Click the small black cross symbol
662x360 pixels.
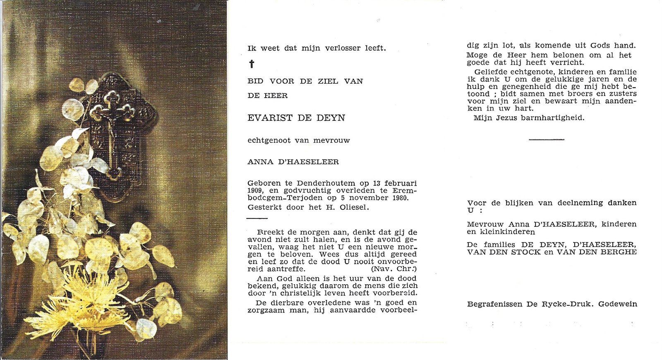[x=251, y=64]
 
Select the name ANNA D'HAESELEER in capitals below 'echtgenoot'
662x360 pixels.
[x=293, y=162]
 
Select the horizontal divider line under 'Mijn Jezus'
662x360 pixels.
[x=547, y=139]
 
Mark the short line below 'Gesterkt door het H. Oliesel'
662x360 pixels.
[x=257, y=218]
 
